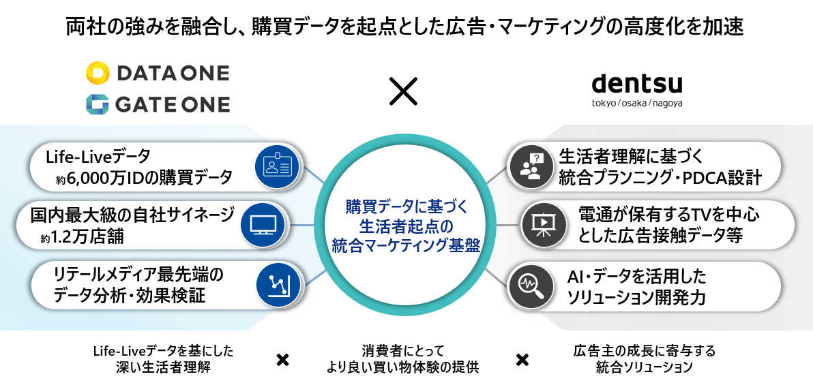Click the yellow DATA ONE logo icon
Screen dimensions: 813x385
pos(98,73)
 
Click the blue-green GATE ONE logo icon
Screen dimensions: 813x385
pos(98,104)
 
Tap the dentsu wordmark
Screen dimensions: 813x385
pos(637,84)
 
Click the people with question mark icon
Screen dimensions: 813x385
pos(531,167)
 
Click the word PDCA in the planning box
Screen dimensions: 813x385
pos(713,179)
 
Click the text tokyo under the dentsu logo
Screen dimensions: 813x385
pos(602,103)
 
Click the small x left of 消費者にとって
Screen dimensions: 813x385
pos(282,360)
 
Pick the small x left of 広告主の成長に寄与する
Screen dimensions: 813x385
pos(522,359)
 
